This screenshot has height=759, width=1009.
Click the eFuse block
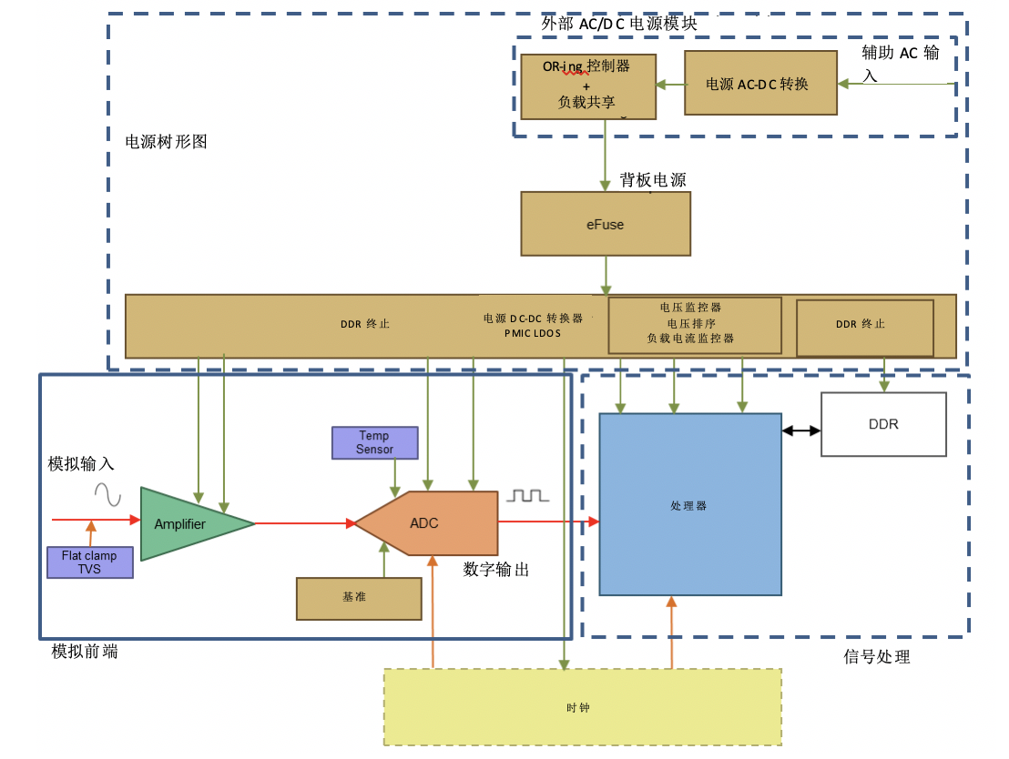(606, 224)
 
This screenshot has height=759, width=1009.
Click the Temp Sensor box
(374, 443)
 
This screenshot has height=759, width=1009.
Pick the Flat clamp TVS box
(90, 562)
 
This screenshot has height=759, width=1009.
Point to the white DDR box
(883, 424)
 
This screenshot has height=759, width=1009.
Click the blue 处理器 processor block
(689, 504)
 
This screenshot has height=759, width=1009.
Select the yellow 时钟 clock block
(583, 707)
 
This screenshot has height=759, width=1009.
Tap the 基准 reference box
(359, 598)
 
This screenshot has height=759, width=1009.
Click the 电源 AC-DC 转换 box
(760, 83)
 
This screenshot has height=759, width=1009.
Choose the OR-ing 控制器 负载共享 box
(588, 86)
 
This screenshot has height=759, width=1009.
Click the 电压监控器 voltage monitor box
(695, 324)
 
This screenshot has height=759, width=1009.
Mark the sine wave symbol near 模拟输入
(107, 494)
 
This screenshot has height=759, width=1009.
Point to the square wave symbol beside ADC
(528, 495)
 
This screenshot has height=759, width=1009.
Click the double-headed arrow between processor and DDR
(801, 430)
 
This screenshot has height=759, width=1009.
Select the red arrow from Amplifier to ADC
(304, 523)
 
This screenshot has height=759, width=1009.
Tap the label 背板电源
(653, 180)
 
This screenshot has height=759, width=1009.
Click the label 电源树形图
(167, 142)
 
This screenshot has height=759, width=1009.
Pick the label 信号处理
(877, 656)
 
